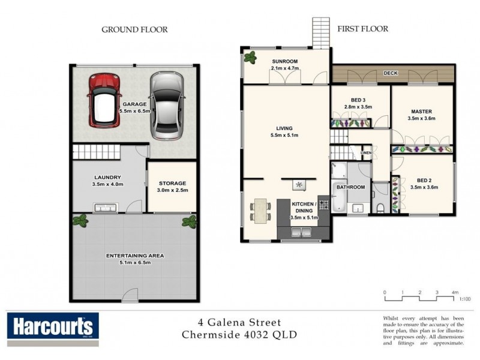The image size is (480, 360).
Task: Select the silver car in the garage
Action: point(164,106)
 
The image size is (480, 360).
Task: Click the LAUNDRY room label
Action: point(108,178)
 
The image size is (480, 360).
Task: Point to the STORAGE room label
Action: point(173,183)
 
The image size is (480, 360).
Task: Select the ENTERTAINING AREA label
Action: point(134,256)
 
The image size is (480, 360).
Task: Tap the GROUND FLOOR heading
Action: point(134,29)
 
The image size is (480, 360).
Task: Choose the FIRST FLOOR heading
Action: point(362,28)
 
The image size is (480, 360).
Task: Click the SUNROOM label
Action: point(284,62)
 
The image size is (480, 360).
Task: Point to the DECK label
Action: point(391,73)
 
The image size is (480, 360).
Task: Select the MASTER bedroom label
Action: point(421,112)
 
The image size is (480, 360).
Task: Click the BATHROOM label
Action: point(350,187)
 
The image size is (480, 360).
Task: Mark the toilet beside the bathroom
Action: point(381,208)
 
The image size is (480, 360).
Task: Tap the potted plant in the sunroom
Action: point(249,59)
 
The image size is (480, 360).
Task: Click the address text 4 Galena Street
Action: point(239,323)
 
